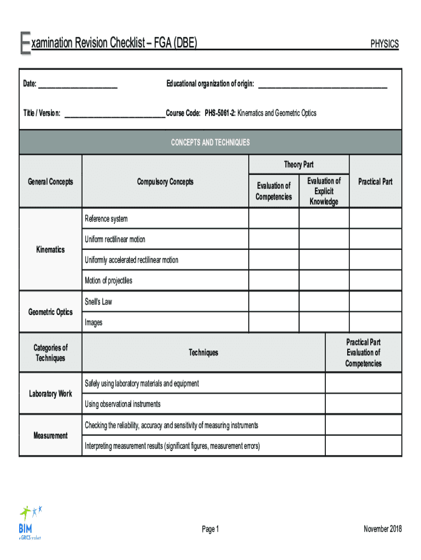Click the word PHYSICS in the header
384,44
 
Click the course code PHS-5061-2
220,113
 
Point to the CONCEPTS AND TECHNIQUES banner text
210,143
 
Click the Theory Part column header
299,165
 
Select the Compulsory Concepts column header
165,182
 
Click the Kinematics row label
50,250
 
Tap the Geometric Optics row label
50,312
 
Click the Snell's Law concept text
98,302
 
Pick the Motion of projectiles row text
108,281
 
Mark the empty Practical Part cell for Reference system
375,219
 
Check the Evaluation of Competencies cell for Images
273,323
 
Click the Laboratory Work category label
50,394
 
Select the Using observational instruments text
122,404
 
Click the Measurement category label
50,436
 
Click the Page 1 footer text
210,529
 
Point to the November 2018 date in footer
382,529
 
